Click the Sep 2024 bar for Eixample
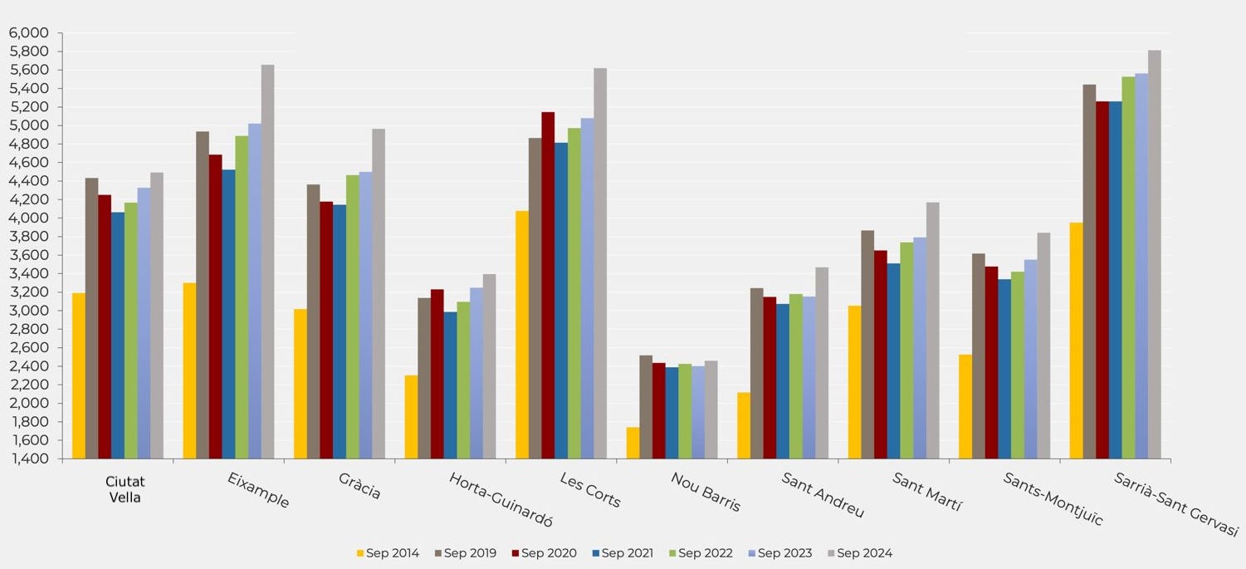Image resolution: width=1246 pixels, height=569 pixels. (x=267, y=262)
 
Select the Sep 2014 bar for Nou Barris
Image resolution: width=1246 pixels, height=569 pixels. (x=633, y=443)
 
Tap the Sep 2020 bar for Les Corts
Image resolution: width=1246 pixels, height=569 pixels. (x=548, y=285)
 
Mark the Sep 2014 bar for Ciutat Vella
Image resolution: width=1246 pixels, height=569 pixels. (x=79, y=375)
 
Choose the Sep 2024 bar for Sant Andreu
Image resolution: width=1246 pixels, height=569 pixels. (x=822, y=363)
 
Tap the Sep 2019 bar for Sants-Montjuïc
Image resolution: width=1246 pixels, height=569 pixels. (x=979, y=356)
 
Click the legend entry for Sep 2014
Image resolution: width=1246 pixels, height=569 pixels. (x=388, y=553)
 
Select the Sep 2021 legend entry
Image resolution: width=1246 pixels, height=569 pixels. (x=623, y=553)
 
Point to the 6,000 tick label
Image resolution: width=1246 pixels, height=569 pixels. (x=29, y=33)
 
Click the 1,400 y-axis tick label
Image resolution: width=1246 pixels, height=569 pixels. (x=29, y=459)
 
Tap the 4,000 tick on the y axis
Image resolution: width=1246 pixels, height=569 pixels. (x=29, y=218)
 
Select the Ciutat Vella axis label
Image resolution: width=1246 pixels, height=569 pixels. (x=125, y=489)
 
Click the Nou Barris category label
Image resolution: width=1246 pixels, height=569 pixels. (x=705, y=492)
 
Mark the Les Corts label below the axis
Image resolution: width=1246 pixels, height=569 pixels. (x=589, y=489)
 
